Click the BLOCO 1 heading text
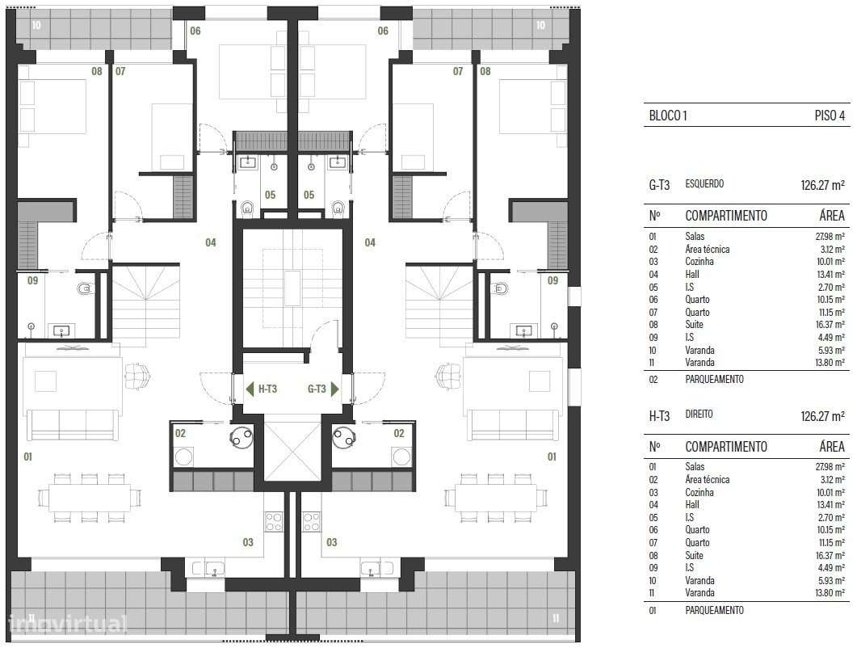pyautogui.click(x=667, y=116)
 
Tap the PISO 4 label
pyautogui.click(x=830, y=116)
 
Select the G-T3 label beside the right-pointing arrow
pyautogui.click(x=317, y=389)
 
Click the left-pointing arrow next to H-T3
pyautogui.click(x=250, y=389)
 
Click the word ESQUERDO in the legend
pyautogui.click(x=704, y=184)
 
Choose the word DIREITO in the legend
pyautogui.click(x=701, y=414)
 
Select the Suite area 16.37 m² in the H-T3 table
pyautogui.click(x=830, y=556)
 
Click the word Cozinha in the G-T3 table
pyautogui.click(x=699, y=262)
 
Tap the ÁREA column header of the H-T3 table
pyautogui.click(x=831, y=447)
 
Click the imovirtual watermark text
pyautogui.click(x=68, y=623)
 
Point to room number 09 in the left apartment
pyautogui.click(x=32, y=281)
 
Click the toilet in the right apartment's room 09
pyautogui.click(x=501, y=288)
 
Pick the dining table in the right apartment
pyautogui.click(x=495, y=497)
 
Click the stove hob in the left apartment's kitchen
pyautogui.click(x=274, y=522)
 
